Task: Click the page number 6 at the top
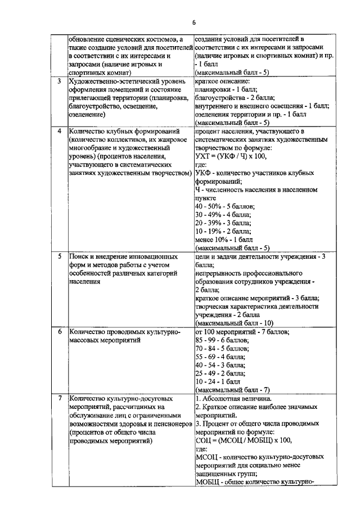coord(193,23)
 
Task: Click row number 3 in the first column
coord(60,80)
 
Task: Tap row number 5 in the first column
coord(60,256)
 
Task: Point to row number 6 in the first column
coord(60,332)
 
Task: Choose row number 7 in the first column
coord(60,399)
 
